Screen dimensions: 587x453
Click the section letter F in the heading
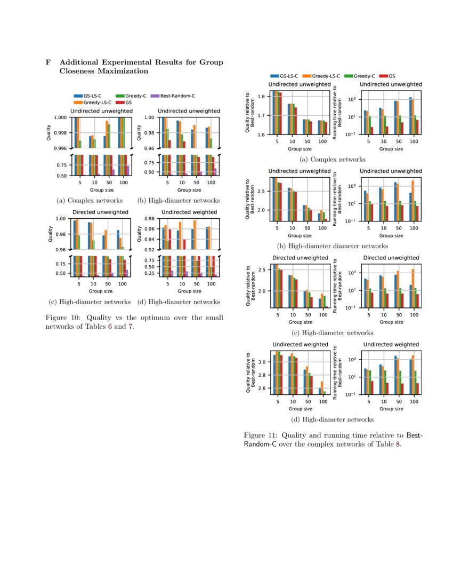(x=48, y=62)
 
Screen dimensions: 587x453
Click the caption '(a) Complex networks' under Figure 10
(x=90, y=201)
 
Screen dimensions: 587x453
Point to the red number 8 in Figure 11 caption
(x=397, y=444)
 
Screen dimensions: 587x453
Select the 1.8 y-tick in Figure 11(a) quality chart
(x=262, y=97)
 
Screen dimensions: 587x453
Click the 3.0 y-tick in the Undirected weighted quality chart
(x=262, y=362)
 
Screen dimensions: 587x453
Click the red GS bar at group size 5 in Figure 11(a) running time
(x=371, y=130)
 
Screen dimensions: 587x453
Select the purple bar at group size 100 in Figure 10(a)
(x=128, y=170)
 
